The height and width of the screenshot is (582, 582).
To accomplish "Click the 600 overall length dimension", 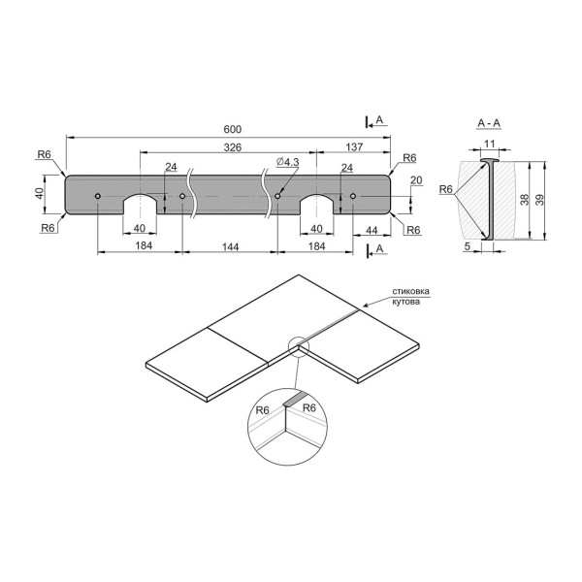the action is [233, 129].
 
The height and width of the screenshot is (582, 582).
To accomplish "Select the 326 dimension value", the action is [233, 147].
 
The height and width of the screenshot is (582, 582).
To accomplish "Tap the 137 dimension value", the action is [354, 147].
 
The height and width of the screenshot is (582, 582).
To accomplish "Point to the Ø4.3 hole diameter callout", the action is [288, 162].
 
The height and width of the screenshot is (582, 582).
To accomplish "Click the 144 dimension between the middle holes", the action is [231, 246].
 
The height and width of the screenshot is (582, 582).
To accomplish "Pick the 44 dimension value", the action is [372, 230].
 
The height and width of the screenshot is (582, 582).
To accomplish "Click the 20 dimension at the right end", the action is [416, 180].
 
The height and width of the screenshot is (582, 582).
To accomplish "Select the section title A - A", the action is [489, 123].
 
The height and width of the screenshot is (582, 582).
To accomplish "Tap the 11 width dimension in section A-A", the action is [490, 144].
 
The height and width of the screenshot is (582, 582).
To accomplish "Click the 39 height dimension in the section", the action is [540, 200].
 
